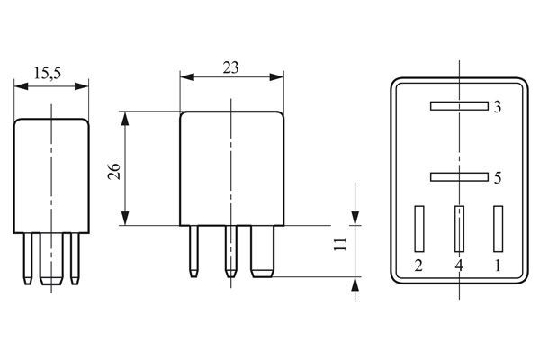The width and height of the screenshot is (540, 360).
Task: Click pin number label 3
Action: [x=497, y=108]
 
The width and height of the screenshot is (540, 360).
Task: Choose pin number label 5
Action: [x=497, y=178]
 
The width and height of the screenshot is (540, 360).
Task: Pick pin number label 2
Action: [x=418, y=265]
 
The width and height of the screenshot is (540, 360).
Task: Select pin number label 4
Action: [x=458, y=265]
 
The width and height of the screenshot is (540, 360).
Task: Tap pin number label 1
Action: [x=498, y=265]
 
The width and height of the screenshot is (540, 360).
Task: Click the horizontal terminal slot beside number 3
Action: [x=458, y=106]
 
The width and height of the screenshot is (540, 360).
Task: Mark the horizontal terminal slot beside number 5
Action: [x=458, y=176]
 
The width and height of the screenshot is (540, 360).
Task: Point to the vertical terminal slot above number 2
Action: [x=418, y=229]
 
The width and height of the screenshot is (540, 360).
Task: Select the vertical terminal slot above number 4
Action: [x=459, y=229]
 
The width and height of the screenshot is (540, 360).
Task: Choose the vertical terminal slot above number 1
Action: [x=498, y=229]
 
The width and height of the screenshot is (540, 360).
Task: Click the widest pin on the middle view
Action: [x=262, y=250]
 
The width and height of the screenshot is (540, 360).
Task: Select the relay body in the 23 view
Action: [x=232, y=168]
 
